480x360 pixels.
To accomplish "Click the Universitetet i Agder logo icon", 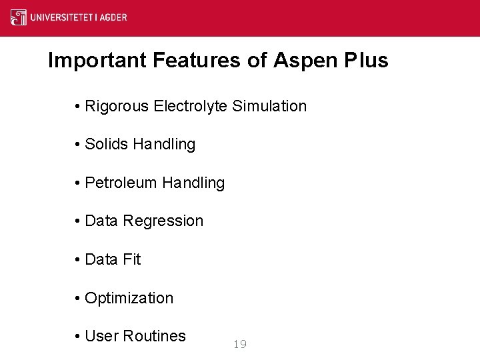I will (19, 17).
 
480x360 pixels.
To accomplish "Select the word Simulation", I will (270, 106).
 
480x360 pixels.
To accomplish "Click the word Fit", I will (131, 259).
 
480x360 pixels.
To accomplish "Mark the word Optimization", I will (129, 299).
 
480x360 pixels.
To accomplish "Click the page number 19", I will (240, 344).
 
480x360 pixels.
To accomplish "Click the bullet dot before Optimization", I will (78, 299).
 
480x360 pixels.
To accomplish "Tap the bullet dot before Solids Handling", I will (78, 145).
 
